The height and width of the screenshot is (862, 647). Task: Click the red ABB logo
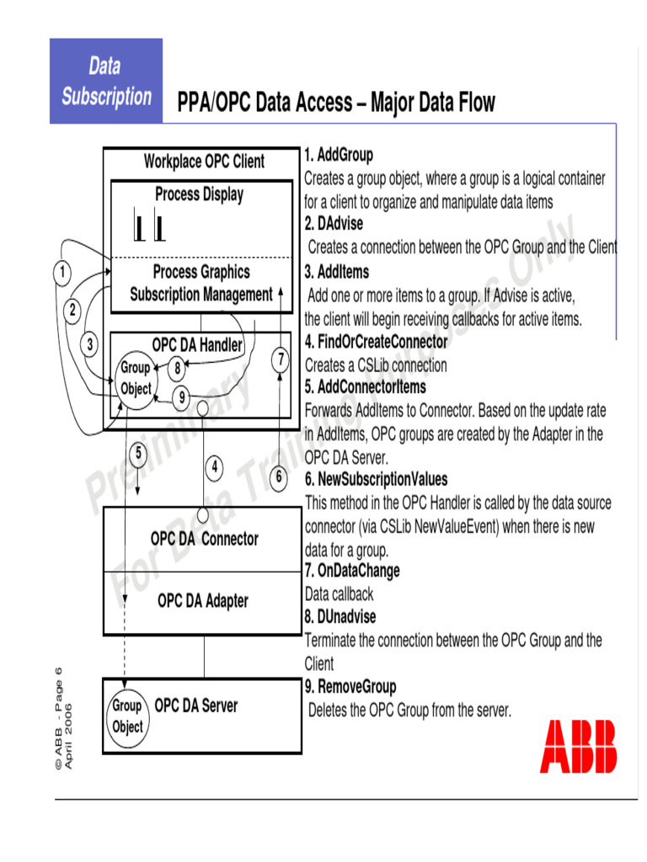coord(578,746)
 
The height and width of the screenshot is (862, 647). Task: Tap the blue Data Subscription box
coord(106,81)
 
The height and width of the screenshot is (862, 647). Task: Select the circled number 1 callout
coord(61,272)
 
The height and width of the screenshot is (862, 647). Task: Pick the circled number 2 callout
coord(72,310)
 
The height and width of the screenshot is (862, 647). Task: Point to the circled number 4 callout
coord(215,466)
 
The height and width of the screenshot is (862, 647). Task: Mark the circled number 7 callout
coord(281,360)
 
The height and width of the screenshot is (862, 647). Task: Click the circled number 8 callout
coord(177,367)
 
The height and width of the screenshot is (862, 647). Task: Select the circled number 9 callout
coord(181,396)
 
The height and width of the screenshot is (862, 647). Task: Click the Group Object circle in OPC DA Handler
coord(136,379)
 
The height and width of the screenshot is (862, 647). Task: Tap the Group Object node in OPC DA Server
coord(127,716)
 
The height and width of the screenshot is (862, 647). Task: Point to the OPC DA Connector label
coord(205,539)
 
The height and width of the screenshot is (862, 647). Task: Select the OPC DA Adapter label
coord(203,601)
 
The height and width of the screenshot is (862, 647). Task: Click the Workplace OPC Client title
coord(204,161)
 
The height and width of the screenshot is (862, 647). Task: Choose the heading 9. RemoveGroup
coord(350,687)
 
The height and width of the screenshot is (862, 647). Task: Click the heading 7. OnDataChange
coord(352,571)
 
